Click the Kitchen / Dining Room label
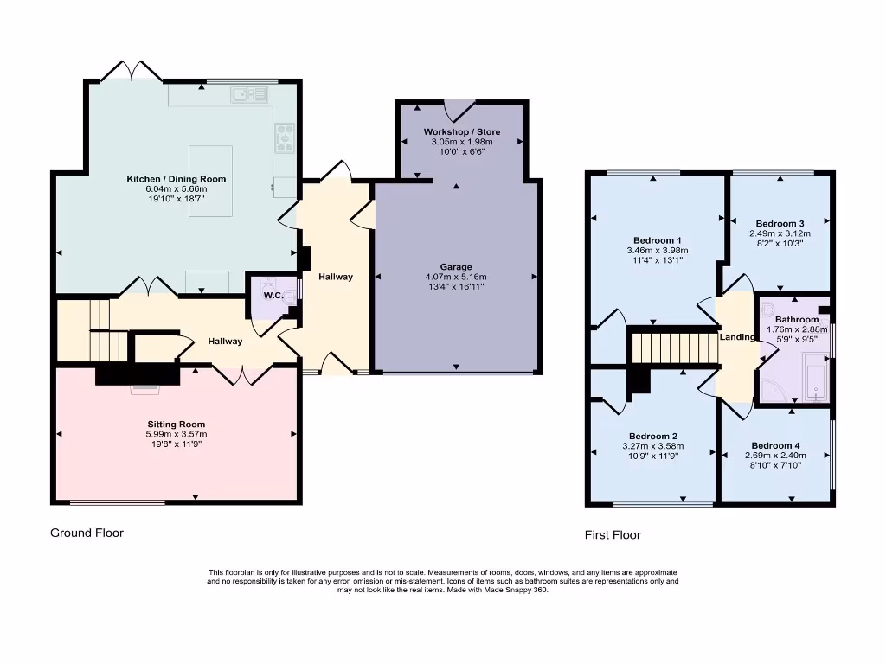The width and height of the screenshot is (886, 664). point(177,179)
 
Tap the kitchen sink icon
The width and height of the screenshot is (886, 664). point(241,94)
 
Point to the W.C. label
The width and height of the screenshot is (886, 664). point(273,296)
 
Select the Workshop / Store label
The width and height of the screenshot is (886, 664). point(461,131)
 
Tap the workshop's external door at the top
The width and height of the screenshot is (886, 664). point(459,110)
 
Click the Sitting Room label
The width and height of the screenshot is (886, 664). point(177,425)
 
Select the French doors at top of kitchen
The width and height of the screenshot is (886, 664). point(132,71)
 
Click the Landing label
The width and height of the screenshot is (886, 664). point(737,336)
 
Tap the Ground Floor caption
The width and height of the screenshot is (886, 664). point(87,533)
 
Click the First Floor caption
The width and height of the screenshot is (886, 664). point(613,535)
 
